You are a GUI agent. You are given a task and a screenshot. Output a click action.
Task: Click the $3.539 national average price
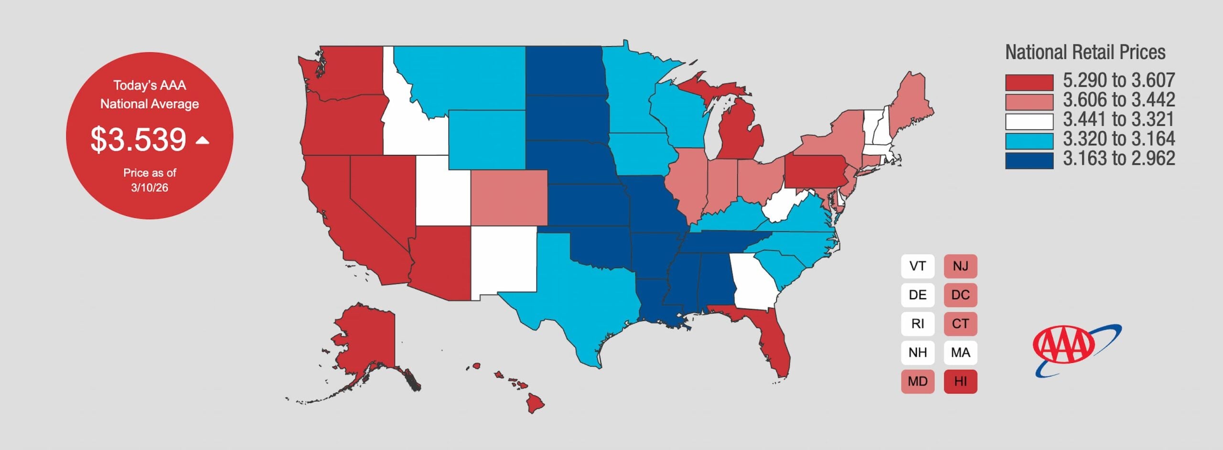pyautogui.click(x=138, y=139)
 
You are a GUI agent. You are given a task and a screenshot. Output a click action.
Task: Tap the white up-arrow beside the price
pyautogui.click(x=203, y=140)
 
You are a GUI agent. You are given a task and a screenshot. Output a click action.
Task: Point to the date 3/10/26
pyautogui.click(x=150, y=188)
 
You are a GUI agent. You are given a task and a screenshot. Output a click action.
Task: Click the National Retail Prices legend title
pyautogui.click(x=1085, y=52)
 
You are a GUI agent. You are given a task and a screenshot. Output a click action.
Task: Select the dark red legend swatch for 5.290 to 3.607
pyautogui.click(x=1029, y=82)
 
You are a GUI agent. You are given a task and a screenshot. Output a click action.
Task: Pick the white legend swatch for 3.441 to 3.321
pyautogui.click(x=1029, y=121)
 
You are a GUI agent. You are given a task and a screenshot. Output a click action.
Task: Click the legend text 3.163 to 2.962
pyautogui.click(x=1119, y=159)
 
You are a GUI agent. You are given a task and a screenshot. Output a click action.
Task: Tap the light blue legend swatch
pyautogui.click(x=1029, y=141)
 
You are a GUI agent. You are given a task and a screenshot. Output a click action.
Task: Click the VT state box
pyautogui.click(x=917, y=266)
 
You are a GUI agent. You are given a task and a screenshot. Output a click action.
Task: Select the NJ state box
pyautogui.click(x=960, y=266)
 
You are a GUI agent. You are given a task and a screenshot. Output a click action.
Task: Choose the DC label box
pyautogui.click(x=960, y=295)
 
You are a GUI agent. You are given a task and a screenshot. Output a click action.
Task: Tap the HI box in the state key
pyautogui.click(x=960, y=381)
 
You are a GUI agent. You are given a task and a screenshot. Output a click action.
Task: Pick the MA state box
pyautogui.click(x=960, y=353)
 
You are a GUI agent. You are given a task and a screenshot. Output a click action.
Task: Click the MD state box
pyautogui.click(x=917, y=381)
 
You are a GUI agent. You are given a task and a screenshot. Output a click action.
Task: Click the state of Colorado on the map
pyautogui.click(x=509, y=197)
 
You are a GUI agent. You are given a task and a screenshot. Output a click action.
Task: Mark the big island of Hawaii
pyautogui.click(x=535, y=404)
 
